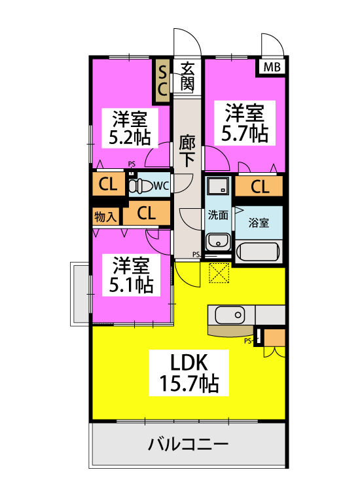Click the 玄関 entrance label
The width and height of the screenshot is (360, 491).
point(188,76)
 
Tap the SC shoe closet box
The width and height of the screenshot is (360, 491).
point(161,81)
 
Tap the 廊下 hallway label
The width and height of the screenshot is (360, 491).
point(187,150)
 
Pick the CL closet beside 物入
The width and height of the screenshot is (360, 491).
point(146,213)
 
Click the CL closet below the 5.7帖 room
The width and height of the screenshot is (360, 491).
point(260,187)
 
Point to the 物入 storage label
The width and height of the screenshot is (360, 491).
point(105,217)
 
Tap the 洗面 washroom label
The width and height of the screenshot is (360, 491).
point(218,215)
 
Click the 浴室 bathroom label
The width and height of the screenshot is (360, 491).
point(259,222)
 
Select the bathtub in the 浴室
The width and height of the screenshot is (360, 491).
point(259,251)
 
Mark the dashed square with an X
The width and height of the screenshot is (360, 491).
point(217,272)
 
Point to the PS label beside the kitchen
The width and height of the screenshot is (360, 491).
point(247,340)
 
